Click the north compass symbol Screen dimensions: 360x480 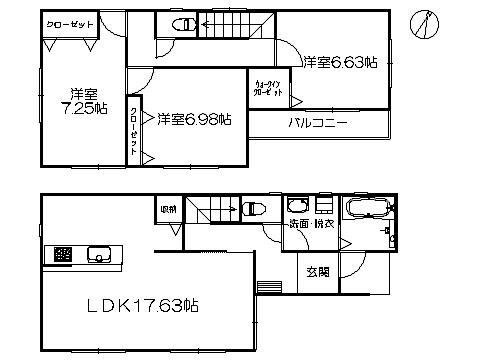[429, 23]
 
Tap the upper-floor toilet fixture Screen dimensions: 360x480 [182, 24]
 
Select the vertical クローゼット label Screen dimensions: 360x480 [134, 130]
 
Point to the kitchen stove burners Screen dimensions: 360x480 [63, 253]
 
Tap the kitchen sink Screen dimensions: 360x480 [100, 253]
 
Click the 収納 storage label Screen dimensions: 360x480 [169, 209]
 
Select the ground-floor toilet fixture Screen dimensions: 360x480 [253, 209]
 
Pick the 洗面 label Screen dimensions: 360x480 [298, 225]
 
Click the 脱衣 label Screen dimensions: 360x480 [323, 225]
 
